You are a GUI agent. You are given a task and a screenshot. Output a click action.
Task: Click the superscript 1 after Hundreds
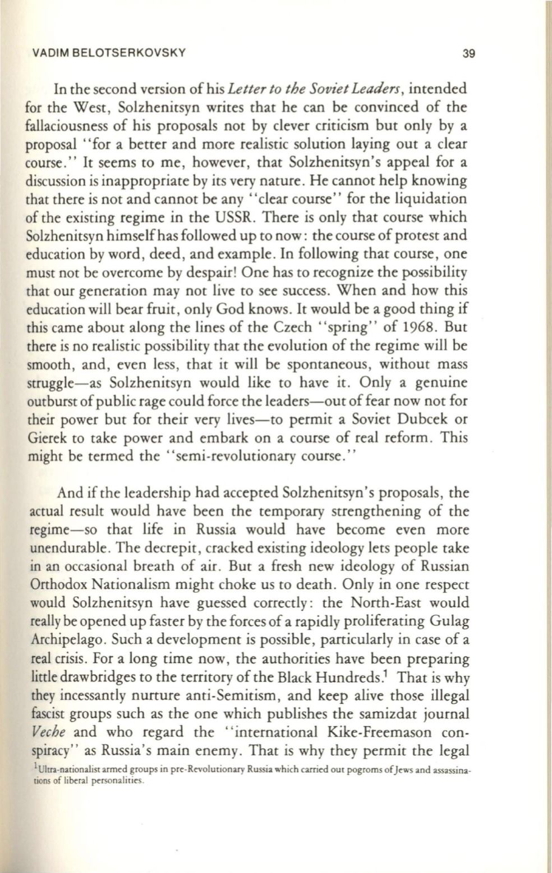[x=390, y=672]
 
